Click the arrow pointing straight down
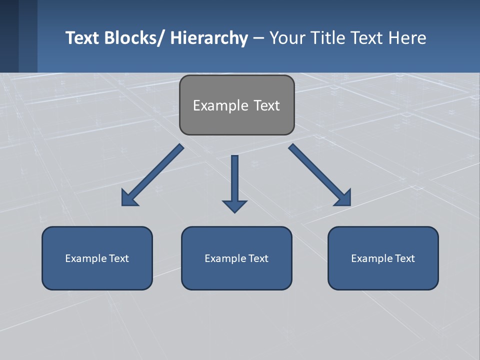point(234,182)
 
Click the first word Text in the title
point(82,38)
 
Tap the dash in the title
point(258,38)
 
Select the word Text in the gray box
point(266,105)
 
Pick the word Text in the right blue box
point(404,258)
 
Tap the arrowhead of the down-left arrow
point(129,198)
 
